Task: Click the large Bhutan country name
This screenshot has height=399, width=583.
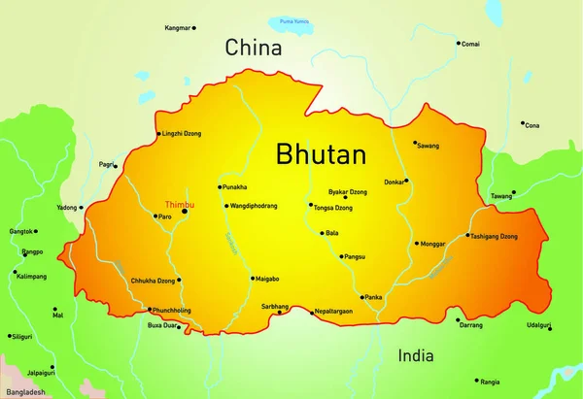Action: pos(321,154)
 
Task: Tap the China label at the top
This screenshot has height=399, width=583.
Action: pos(253,47)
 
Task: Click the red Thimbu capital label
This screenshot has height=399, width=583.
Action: pos(179,205)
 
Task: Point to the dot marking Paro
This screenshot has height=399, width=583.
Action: pos(154,216)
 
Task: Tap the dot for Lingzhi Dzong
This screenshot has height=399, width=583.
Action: pos(158,134)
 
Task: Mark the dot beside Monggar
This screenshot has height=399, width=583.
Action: pos(417,244)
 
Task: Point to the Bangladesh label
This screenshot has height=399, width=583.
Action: pos(23,391)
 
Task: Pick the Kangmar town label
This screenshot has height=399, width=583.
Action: pos(178,29)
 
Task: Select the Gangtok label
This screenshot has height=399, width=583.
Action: pos(21,231)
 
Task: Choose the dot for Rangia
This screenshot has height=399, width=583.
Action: pos(477,382)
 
